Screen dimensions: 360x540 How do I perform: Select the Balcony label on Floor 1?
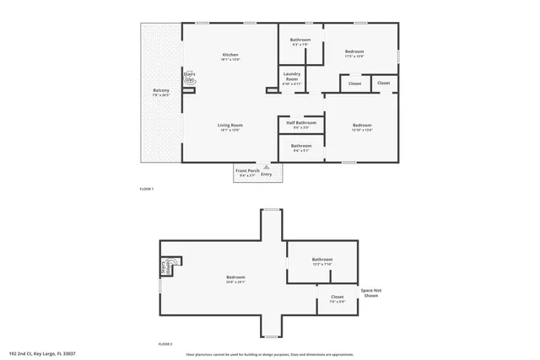pyautogui.click(x=161, y=92)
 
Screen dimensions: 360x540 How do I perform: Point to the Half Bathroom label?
pyautogui.click(x=301, y=124)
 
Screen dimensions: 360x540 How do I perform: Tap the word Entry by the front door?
pyautogui.click(x=267, y=175)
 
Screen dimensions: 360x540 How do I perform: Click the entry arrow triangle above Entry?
pyautogui.click(x=267, y=167)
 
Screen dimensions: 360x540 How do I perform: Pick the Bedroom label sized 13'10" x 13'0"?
pyautogui.click(x=362, y=127)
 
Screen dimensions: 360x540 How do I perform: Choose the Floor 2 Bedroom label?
pyautogui.click(x=235, y=279)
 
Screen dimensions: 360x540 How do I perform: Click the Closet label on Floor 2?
pyautogui.click(x=337, y=298)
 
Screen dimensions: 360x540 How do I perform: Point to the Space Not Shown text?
pyautogui.click(x=370, y=293)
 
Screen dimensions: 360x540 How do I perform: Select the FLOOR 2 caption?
pyautogui.click(x=165, y=344)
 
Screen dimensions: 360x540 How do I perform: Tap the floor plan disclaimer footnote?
pyautogui.click(x=269, y=354)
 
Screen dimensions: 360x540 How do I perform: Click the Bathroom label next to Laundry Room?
pyautogui.click(x=300, y=42)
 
